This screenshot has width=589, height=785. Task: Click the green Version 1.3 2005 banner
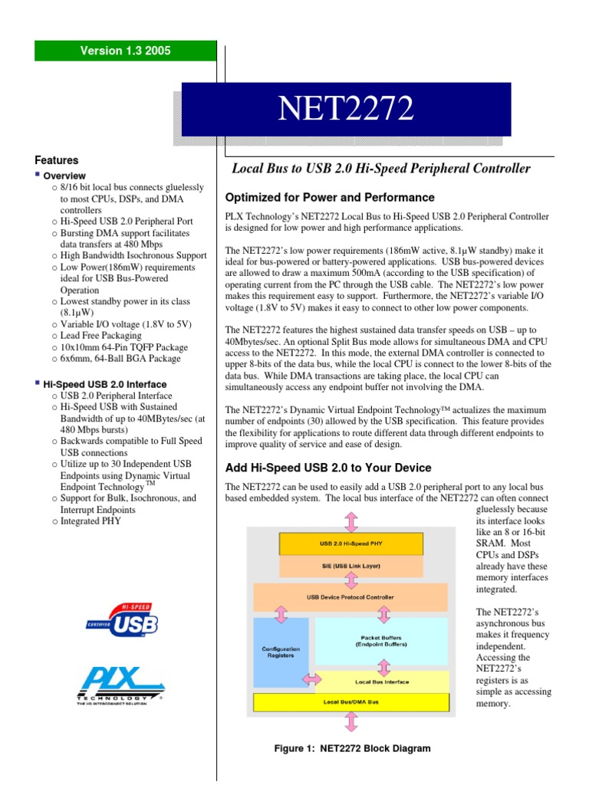[126, 51]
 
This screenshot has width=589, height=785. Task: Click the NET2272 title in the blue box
[346, 110]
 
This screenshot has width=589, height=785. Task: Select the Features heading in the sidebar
[57, 160]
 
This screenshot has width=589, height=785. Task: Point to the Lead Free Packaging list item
[100, 335]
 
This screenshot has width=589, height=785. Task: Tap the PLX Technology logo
[120, 688]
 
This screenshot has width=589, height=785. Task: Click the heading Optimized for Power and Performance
[330, 197]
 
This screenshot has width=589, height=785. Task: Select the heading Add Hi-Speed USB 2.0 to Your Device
[327, 468]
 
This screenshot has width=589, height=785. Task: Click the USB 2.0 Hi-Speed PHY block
[350, 544]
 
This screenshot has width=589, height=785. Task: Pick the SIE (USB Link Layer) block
[350, 566]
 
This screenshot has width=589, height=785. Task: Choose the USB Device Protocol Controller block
[350, 596]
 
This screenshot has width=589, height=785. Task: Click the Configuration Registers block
[281, 652]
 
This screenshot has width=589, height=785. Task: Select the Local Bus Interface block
[382, 682]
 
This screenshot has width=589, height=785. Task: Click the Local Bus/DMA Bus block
[350, 701]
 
